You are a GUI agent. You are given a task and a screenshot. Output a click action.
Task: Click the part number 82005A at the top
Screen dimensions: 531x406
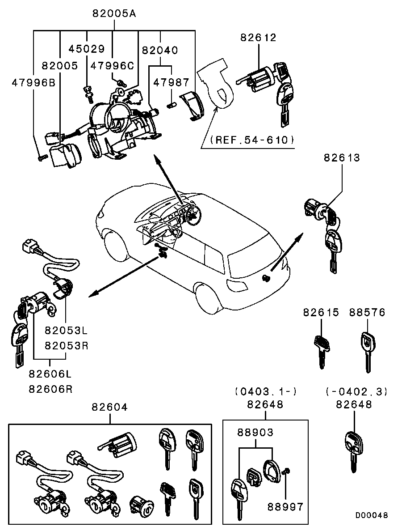[x=114, y=13]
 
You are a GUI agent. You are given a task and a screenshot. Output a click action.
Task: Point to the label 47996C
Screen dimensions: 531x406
[x=112, y=66]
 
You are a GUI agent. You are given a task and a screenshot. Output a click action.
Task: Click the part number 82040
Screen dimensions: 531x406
[x=160, y=51]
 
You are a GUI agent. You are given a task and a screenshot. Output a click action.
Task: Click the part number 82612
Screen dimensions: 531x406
[x=258, y=38]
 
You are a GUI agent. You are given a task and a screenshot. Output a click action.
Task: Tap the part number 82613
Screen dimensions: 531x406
[x=342, y=157]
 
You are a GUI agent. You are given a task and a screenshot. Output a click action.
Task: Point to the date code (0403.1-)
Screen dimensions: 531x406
[x=265, y=391]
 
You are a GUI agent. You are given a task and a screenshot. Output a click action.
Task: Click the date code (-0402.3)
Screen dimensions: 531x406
[x=356, y=391]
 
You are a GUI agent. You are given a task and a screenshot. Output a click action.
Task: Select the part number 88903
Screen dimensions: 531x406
[x=255, y=433]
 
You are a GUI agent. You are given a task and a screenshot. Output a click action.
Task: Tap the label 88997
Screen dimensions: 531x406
[x=285, y=506]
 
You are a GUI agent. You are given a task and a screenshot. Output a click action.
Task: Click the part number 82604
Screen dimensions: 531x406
[x=110, y=407]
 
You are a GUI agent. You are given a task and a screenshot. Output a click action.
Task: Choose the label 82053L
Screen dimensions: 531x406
[x=66, y=331]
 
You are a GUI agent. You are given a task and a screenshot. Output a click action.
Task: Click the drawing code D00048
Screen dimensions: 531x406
[x=372, y=515]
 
